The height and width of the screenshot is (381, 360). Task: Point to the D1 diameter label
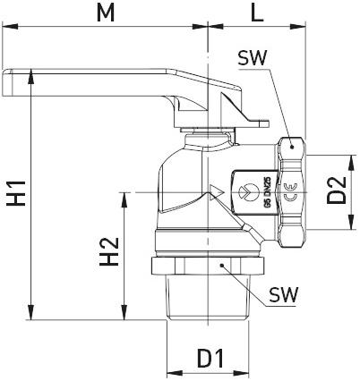pos(210,359)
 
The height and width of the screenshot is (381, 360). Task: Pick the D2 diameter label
pos(338,191)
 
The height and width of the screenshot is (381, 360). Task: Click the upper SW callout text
pos(253,59)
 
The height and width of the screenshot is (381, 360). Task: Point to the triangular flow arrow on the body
pos(215,192)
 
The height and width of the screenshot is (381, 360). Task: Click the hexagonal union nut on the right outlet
pos(294,191)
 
